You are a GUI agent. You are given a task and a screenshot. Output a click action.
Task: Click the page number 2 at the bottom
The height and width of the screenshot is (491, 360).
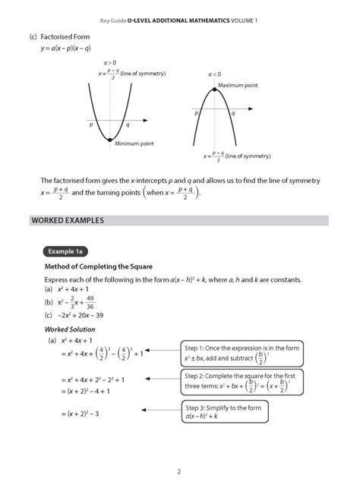click(179, 471)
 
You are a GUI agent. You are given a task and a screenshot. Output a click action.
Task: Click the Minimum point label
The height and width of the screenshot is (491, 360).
click(134, 143)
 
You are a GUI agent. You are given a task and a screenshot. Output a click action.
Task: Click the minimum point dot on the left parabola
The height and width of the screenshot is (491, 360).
click(110, 140)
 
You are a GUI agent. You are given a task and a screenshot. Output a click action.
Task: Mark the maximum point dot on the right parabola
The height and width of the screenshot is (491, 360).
click(215, 90)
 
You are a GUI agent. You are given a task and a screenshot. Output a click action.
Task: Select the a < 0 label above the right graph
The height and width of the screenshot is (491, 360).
click(215, 74)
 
